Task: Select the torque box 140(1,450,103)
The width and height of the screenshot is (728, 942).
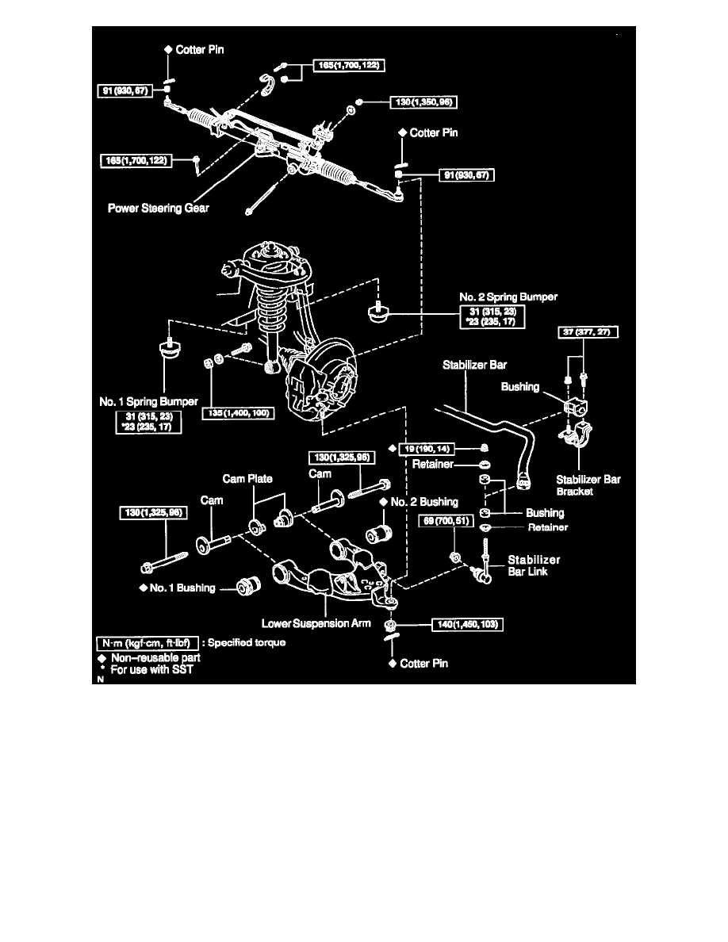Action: coord(465,624)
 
